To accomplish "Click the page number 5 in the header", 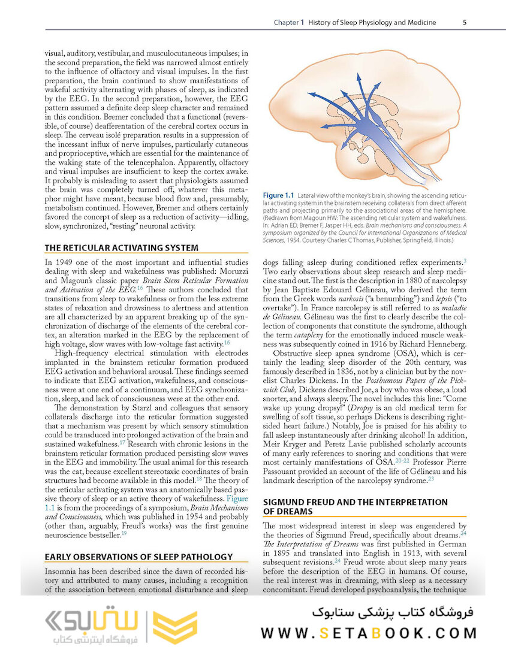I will click(x=465, y=23).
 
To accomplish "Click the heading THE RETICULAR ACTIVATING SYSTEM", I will click(x=122, y=248).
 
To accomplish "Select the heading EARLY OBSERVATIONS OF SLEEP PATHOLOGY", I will click(x=138, y=557).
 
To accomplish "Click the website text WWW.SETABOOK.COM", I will click(x=369, y=633).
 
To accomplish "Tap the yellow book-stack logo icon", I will click(x=175, y=627).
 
